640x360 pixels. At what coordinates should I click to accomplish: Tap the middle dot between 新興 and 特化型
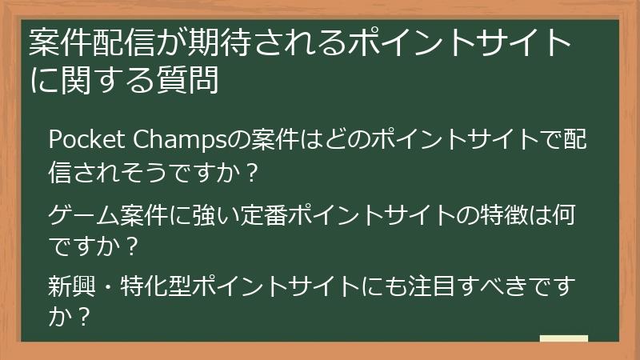(106, 286)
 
